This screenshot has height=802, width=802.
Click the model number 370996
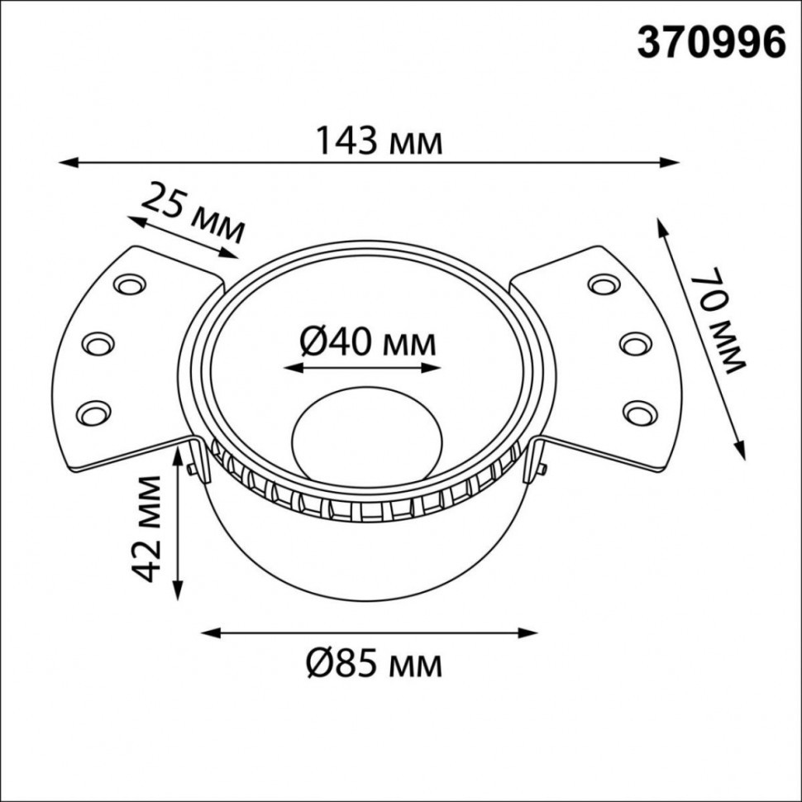pyautogui.click(x=710, y=42)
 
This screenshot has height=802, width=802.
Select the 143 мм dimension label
pyautogui.click(x=380, y=142)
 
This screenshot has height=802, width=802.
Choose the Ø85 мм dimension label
pyautogui.click(x=373, y=663)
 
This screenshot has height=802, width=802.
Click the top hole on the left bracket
pyautogui.click(x=129, y=285)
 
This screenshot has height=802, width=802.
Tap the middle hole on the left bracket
pyautogui.click(x=98, y=341)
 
